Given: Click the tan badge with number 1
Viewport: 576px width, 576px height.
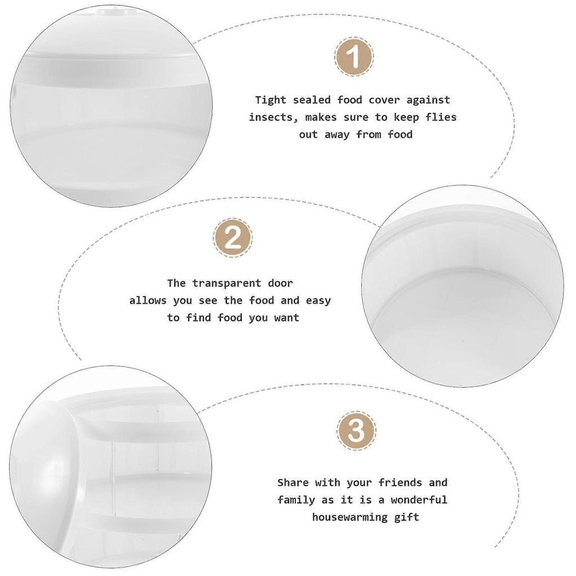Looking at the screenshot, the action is pyautogui.click(x=354, y=57).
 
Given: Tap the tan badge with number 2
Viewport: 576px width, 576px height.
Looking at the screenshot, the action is pyautogui.click(x=232, y=238).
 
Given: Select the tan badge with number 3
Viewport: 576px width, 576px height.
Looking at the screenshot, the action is pyautogui.click(x=356, y=430).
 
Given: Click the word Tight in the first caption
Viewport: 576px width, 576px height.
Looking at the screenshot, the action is pyautogui.click(x=271, y=100).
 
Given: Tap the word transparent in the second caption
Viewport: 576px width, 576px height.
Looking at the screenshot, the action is pyautogui.click(x=227, y=283).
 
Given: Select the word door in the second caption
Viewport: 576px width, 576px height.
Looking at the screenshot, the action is pyautogui.click(x=280, y=283).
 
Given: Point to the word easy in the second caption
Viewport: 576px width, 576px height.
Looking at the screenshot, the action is pyautogui.click(x=318, y=301).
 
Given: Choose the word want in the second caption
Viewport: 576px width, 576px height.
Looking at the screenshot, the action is pyautogui.click(x=286, y=318).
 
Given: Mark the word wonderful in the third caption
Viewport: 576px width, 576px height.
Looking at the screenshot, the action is pyautogui.click(x=418, y=499).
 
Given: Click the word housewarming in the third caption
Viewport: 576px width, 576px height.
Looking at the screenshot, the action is pyautogui.click(x=350, y=517).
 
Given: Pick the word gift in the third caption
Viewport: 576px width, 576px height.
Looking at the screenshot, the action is pyautogui.click(x=407, y=517).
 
